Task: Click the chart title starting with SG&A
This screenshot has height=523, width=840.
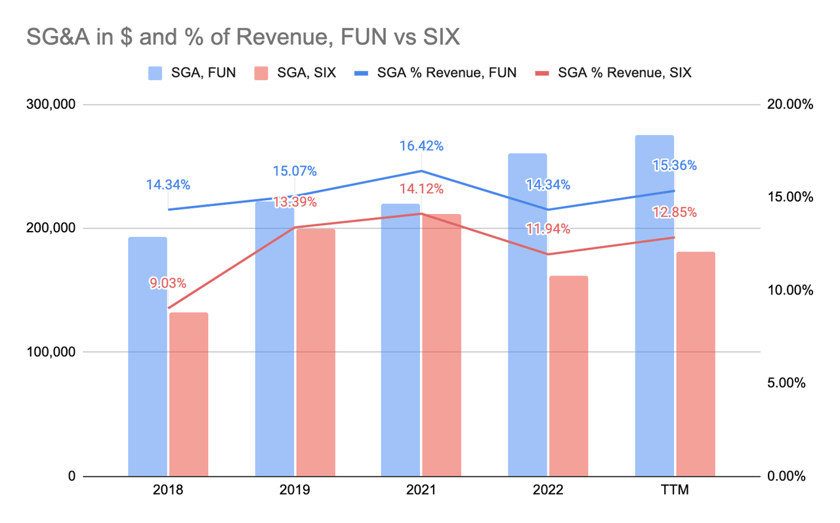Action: pos(243,37)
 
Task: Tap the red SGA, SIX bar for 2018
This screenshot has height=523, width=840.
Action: pos(189,394)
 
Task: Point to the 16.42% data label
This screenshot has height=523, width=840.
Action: pos(422,146)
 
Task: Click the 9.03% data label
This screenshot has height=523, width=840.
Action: pos(168,283)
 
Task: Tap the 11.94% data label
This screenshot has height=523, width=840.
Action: pos(548,229)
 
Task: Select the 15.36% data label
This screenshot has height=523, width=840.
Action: pos(675,165)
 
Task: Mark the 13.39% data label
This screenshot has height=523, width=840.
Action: pos(295,201)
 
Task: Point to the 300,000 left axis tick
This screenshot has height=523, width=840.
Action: pos(51,104)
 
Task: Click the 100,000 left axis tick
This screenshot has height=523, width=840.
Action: pos(51,352)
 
